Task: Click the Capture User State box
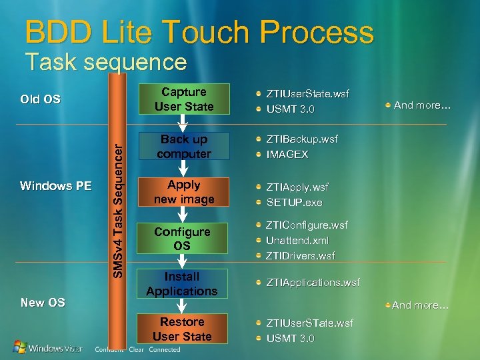pos(183,99)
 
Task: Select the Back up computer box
pos(183,146)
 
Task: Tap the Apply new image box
pos(183,191)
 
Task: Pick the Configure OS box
pos(182,238)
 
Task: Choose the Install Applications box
pos(182,283)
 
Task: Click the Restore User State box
pos(182,329)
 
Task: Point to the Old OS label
pos(40,99)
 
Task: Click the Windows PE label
pos(55,185)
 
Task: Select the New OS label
pos(43,302)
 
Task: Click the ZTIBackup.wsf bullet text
pos(301,139)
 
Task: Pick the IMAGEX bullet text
pos(287,154)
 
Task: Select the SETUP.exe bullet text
pos(294,202)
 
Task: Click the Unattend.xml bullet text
pos(297,240)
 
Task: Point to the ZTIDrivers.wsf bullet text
pos(300,255)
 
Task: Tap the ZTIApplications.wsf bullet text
pos(313,283)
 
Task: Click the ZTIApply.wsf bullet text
pos(297,187)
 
